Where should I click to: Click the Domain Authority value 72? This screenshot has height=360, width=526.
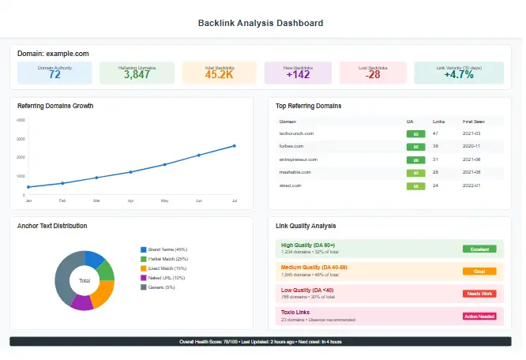pos(54,75)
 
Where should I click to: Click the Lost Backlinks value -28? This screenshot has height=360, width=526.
pos(373,75)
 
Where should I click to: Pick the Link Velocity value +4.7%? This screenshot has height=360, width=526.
pos(458,75)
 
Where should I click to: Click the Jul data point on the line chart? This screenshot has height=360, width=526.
pos(234,146)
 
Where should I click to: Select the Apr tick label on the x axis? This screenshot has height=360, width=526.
pos(130,201)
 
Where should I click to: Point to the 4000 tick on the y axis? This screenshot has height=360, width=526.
pos(21,121)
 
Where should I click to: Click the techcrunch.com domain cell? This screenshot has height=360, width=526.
pos(297,133)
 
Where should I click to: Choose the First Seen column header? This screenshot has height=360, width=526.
pos(474,122)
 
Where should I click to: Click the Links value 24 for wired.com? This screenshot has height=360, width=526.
pos(435,186)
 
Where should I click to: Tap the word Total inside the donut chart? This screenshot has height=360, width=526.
pos(85,280)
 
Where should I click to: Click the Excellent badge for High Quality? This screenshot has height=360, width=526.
pos(479,249)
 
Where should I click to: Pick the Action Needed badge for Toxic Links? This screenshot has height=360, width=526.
pos(479,317)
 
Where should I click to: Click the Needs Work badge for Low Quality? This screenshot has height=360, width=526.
pos(479,294)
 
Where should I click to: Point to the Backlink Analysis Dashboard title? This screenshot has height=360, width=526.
pos(260,24)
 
